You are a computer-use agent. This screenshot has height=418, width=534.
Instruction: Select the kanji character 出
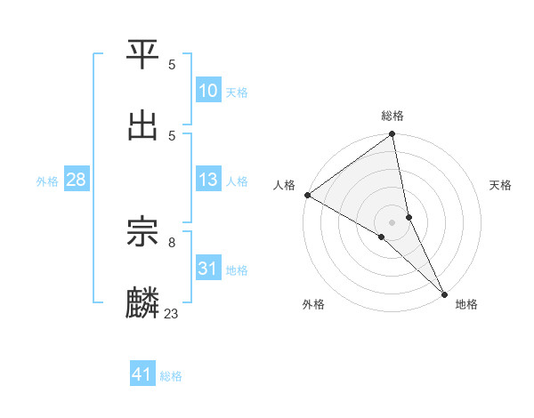(143, 125)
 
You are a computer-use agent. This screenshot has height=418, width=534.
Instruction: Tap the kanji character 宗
(143, 233)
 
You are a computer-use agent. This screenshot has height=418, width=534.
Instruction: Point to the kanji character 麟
(143, 302)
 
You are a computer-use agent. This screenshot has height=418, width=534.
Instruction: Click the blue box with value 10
(208, 91)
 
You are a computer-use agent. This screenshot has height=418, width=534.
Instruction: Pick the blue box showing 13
(208, 181)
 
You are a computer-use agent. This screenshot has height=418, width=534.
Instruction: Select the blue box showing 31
(208, 269)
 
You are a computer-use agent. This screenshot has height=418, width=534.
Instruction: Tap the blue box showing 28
(76, 181)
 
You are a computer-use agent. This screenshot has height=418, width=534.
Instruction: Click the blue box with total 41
(142, 375)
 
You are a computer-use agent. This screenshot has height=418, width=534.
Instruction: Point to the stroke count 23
(172, 313)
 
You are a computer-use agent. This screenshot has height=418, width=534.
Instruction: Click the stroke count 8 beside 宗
(172, 241)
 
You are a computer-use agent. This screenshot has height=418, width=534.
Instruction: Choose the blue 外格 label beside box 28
(47, 181)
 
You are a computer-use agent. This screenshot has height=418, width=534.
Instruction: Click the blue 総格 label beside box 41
(171, 376)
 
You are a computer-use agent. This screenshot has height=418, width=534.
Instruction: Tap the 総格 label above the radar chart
(392, 116)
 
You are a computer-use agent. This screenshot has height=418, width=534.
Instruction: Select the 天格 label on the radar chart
(501, 185)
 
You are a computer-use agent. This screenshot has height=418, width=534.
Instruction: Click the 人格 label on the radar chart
(284, 185)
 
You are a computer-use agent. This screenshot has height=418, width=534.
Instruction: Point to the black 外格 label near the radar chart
(313, 304)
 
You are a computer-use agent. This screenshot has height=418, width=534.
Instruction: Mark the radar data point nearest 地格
(444, 293)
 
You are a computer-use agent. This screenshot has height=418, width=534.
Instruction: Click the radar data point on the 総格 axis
(392, 135)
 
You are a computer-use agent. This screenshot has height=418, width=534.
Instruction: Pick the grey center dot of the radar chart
(392, 221)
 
